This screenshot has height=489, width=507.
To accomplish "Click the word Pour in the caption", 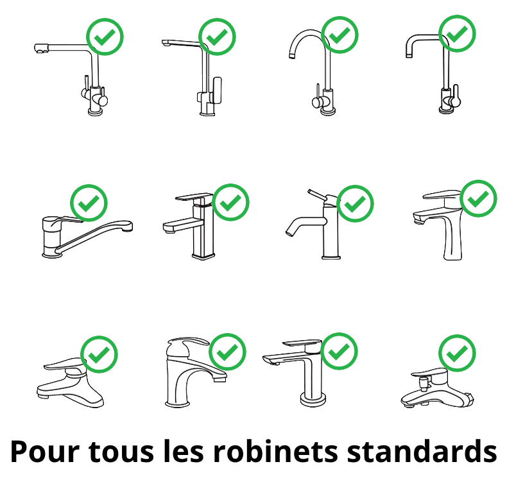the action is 45,452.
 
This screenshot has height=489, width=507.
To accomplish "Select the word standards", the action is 422,451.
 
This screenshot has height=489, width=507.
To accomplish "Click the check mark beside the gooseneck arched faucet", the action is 340,35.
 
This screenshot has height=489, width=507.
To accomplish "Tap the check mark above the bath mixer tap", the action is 457,353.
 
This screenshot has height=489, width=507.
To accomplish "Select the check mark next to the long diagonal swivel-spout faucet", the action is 89,203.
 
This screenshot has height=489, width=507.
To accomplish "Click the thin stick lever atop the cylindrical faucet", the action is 318,195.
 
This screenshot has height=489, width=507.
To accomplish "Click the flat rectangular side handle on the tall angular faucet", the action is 218,90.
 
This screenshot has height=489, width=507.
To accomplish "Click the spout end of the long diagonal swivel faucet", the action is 128,227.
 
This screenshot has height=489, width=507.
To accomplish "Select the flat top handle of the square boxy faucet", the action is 194,197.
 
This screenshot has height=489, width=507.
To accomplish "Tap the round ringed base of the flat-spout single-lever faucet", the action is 313,399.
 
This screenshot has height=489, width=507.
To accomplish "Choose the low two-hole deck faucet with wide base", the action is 70,382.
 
